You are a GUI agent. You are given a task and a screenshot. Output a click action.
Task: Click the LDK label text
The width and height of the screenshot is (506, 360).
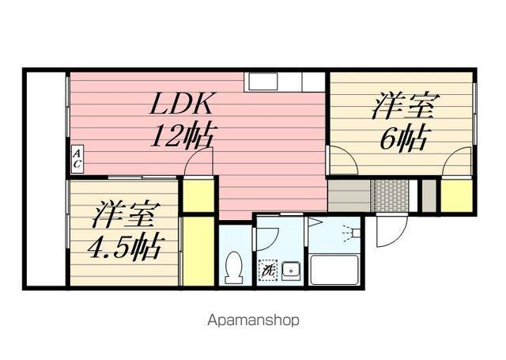click(x=181, y=104)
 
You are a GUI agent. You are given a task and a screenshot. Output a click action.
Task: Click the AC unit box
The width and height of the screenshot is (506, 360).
click(x=77, y=158)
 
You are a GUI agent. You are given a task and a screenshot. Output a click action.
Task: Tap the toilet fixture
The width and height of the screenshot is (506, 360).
click(x=234, y=268)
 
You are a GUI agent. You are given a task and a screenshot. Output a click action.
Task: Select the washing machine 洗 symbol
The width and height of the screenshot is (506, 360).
click(x=267, y=271)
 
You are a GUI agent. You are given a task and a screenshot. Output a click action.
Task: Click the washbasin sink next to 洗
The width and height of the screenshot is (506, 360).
click(x=292, y=271)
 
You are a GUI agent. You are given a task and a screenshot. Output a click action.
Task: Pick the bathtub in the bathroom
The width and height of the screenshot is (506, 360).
click(x=334, y=270)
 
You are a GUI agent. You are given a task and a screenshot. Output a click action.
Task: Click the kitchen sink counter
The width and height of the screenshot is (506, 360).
click(x=284, y=81)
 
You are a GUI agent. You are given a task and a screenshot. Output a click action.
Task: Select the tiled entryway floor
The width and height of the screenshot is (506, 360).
click(x=390, y=195)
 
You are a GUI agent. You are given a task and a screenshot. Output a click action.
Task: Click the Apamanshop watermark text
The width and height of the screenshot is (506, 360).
click(x=253, y=320)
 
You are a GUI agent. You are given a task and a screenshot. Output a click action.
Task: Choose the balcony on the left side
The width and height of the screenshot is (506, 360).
click(x=46, y=179)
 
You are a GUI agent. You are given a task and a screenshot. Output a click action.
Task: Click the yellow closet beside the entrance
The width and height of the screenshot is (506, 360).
click(x=456, y=195)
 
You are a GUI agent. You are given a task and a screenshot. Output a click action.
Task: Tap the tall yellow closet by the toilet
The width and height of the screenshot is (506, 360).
click(x=198, y=251)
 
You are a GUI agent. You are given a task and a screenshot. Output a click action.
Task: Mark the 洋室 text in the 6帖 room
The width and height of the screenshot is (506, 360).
click(x=402, y=105)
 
